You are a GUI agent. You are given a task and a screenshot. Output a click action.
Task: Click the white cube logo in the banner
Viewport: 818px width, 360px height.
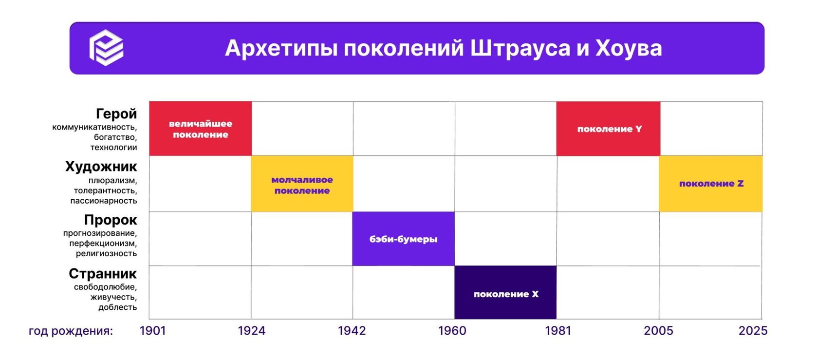click(x=106, y=48)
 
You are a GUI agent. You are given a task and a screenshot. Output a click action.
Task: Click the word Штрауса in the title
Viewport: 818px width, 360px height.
click(x=520, y=48)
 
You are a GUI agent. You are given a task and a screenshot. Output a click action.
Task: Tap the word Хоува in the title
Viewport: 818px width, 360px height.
click(x=629, y=48)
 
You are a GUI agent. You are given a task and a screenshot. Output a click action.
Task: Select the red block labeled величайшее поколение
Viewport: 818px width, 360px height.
click(x=201, y=129)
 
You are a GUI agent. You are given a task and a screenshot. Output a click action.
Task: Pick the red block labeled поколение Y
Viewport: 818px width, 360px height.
click(x=609, y=129)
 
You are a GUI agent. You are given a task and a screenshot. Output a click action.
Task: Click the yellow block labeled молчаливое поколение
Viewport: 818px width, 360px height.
click(x=302, y=184)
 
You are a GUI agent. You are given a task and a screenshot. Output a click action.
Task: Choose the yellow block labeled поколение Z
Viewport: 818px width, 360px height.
click(x=711, y=184)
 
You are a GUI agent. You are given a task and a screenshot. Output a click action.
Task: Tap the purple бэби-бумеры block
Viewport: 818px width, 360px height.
click(x=403, y=239)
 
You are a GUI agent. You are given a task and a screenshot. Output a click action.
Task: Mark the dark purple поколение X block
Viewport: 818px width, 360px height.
click(x=505, y=293)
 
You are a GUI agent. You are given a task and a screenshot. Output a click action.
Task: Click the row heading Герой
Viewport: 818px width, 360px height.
click(x=116, y=114)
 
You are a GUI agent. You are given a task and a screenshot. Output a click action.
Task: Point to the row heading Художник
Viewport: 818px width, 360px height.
click(x=101, y=167)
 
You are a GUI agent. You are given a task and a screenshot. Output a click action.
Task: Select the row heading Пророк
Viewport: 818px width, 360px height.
click(x=111, y=220)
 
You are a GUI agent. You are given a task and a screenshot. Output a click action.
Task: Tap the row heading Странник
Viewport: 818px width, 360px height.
click(x=103, y=273)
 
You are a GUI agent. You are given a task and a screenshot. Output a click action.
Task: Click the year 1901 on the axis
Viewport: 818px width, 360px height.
click(x=153, y=331)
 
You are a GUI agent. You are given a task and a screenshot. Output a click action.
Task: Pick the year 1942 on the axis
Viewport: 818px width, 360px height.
click(x=352, y=331)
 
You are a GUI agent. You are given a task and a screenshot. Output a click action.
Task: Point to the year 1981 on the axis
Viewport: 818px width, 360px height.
click(x=558, y=331)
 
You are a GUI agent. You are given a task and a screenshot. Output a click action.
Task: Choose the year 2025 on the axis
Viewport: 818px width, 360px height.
click(x=753, y=331)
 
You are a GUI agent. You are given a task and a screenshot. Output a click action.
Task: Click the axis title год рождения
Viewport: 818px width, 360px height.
click(x=71, y=331)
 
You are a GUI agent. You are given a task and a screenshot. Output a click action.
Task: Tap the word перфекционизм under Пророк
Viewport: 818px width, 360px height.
click(x=103, y=243)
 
